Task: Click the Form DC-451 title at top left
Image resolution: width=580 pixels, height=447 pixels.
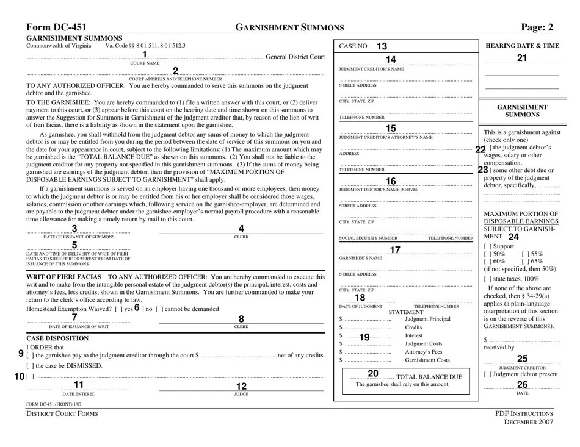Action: pos(56,27)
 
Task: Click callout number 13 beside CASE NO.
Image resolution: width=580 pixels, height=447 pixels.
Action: pos(382,46)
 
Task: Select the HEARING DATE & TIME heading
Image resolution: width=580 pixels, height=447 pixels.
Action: pos(521,46)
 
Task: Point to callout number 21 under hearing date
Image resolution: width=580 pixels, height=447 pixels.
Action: pos(521,58)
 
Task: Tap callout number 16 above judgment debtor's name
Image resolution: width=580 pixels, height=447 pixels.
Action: pos(391,181)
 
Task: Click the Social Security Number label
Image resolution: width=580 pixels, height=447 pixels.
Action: pos(368,238)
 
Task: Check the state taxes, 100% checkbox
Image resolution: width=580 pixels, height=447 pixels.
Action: pos(487,279)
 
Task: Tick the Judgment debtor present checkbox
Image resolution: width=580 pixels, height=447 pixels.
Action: pos(487,374)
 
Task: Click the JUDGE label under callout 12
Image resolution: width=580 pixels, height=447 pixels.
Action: pos(241,394)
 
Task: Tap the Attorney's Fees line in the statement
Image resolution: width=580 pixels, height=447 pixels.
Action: pos(424,352)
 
